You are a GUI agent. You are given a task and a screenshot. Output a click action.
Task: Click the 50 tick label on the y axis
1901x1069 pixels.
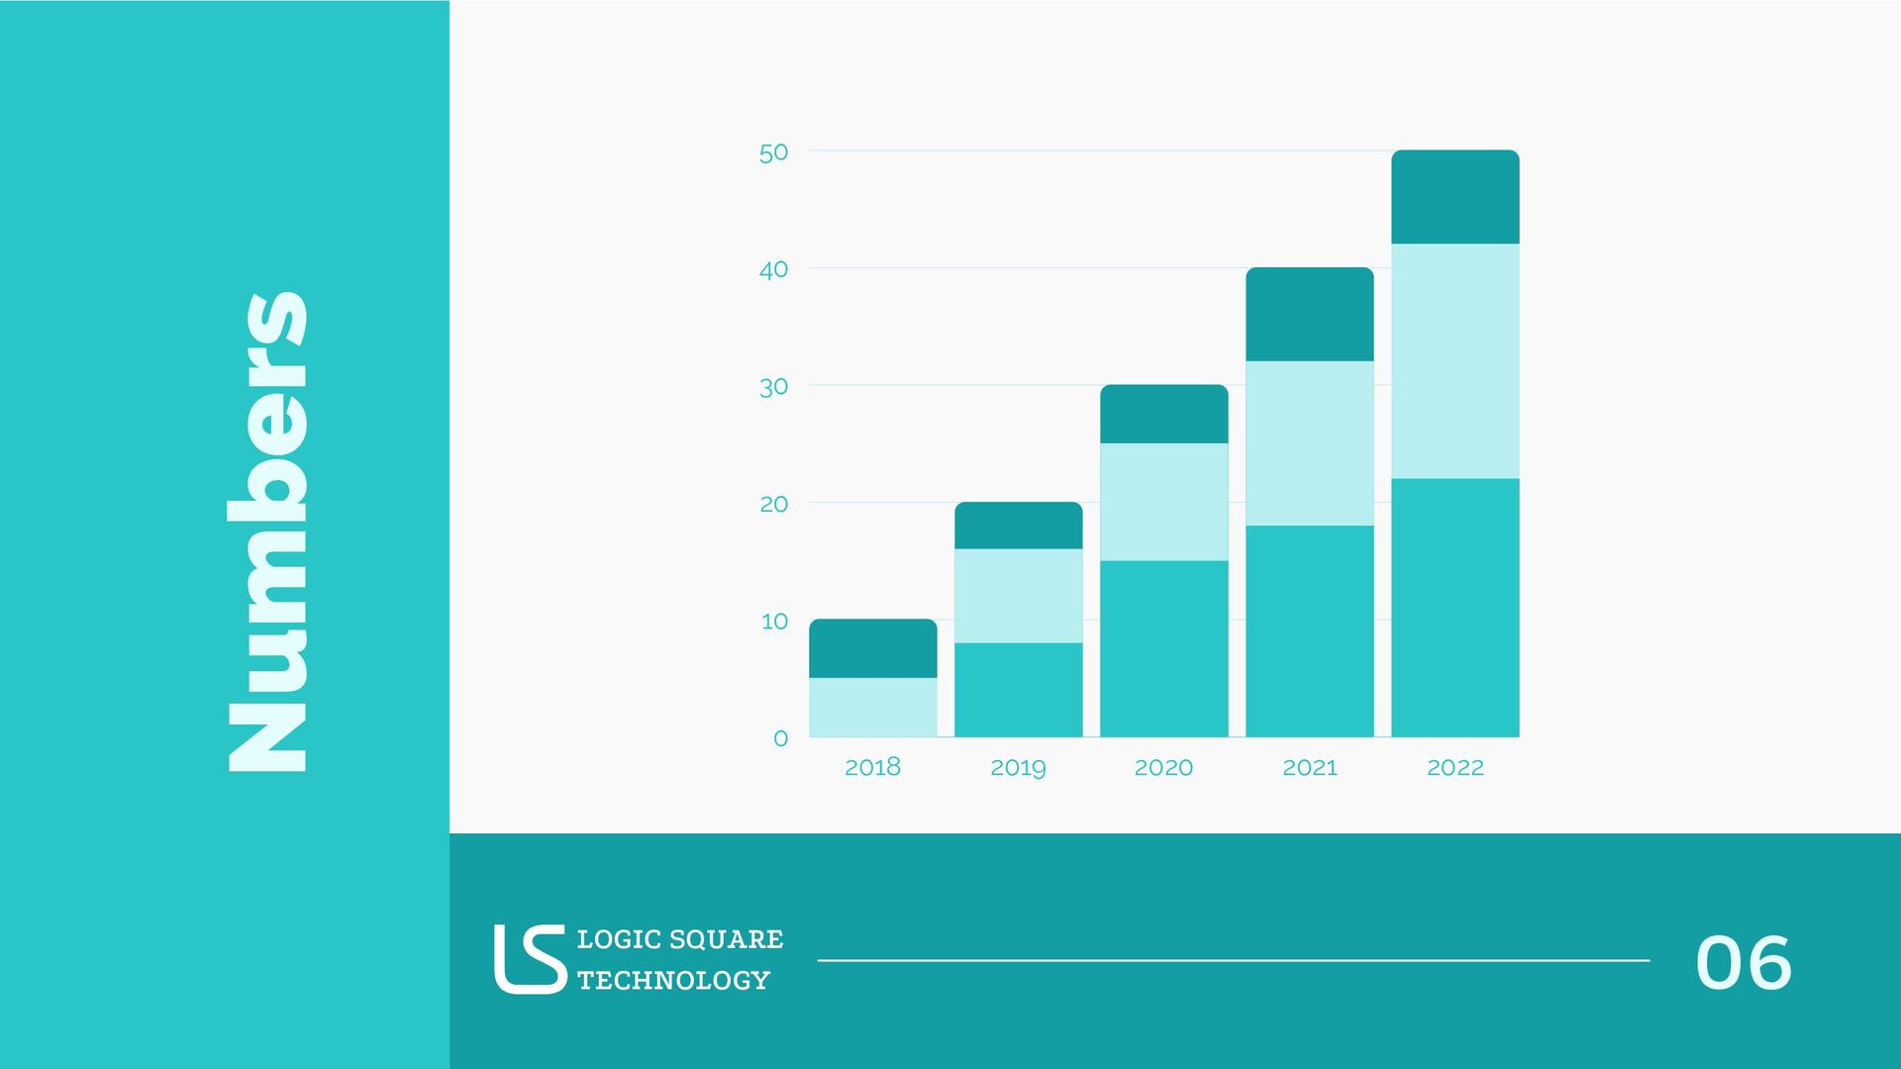[773, 152]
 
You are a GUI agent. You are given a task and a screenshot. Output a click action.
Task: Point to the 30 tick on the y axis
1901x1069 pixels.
[773, 387]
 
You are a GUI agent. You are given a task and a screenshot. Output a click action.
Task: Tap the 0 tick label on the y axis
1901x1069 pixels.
[780, 738]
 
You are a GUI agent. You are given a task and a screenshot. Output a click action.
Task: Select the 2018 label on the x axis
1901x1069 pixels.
[872, 767]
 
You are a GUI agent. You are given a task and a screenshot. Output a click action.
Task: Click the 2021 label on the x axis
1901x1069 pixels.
[1309, 767]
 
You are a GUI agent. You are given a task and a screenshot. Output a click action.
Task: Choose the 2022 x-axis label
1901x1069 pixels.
[1454, 767]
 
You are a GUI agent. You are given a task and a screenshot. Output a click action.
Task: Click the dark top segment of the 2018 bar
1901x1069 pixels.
[872, 648]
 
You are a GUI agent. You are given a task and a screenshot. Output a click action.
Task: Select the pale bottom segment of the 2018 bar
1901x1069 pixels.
[872, 707]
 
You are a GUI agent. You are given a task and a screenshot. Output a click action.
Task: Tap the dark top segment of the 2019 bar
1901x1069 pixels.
[1018, 526]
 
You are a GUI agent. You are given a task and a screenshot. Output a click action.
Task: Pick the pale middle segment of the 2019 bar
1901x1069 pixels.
[1018, 596]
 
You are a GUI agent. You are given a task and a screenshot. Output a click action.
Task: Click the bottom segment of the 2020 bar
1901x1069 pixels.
[1163, 648]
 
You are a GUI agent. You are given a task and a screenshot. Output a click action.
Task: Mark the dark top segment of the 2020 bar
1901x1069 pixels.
[1163, 414]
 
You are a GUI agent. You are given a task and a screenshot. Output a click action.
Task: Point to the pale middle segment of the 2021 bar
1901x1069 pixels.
[1309, 442]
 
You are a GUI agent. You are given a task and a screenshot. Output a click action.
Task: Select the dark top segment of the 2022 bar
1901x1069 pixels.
[1454, 197]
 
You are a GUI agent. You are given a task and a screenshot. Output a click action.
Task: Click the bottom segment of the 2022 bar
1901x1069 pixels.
[1454, 608]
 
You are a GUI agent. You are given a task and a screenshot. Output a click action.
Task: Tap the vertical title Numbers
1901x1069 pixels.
[267, 532]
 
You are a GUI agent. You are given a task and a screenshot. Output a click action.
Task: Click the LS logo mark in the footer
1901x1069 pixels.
[530, 958]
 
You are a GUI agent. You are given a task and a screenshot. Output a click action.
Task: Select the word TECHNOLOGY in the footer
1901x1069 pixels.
[673, 980]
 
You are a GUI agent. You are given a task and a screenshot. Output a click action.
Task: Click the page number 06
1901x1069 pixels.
[1743, 962]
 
